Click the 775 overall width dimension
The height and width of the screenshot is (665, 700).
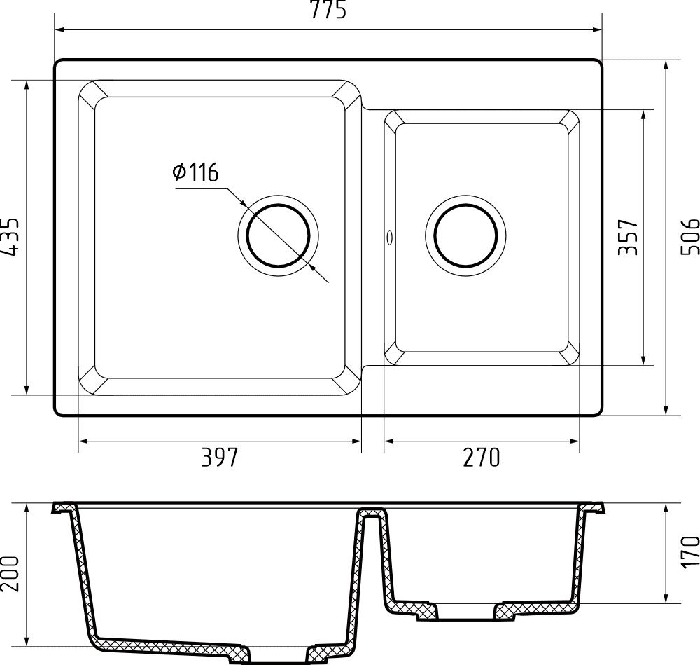tap(328, 10)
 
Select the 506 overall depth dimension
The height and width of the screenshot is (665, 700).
tap(689, 237)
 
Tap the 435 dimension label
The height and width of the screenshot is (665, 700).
tap(10, 237)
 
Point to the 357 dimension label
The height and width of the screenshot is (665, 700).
tap(628, 237)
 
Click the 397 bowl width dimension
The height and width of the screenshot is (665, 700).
tap(220, 457)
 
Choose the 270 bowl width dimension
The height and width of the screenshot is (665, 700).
tap(482, 457)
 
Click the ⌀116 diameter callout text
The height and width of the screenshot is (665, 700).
tap(195, 172)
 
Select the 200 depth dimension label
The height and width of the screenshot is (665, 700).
tap(10, 574)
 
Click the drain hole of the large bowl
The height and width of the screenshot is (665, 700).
tap(278, 235)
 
